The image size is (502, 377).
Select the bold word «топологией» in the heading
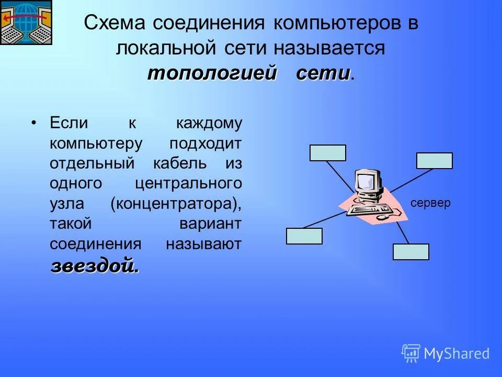[211, 73]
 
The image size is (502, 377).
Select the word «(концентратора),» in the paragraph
[176, 203]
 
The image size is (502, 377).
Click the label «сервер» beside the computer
[430, 204]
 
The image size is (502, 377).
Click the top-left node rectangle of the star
[328, 152]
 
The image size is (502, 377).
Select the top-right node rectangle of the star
[434, 161]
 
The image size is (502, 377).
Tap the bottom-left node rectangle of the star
[304, 236]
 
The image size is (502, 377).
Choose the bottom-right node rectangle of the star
[410, 252]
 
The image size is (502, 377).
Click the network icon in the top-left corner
[26, 23]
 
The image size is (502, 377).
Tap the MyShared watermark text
[456, 353]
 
